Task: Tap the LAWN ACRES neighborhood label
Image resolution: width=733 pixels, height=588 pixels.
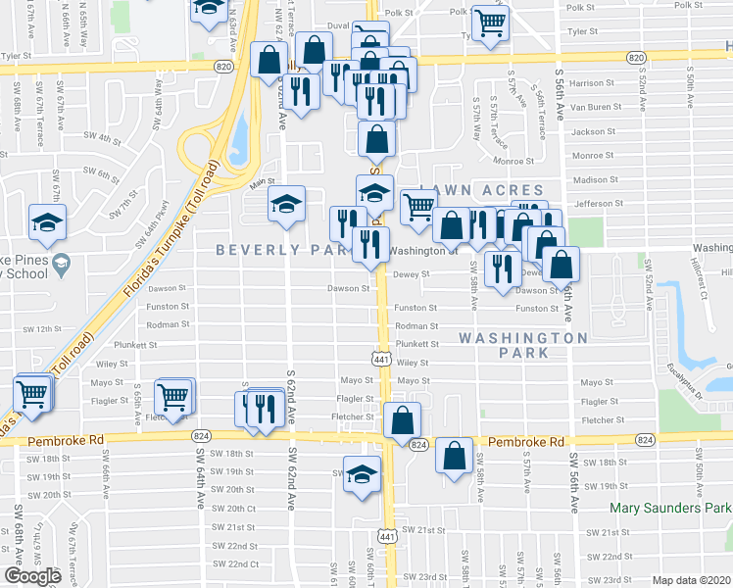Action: [x=480, y=189]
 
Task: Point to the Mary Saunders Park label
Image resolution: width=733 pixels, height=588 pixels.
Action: [x=670, y=508]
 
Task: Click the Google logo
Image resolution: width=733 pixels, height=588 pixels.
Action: [x=32, y=576]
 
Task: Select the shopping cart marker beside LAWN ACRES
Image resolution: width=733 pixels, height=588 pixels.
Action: [x=419, y=207]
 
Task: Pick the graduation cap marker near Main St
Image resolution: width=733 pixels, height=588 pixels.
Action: [x=286, y=204]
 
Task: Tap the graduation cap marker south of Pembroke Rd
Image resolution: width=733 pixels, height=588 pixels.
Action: [x=362, y=473]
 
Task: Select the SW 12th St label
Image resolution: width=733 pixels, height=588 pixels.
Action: [x=42, y=329]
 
